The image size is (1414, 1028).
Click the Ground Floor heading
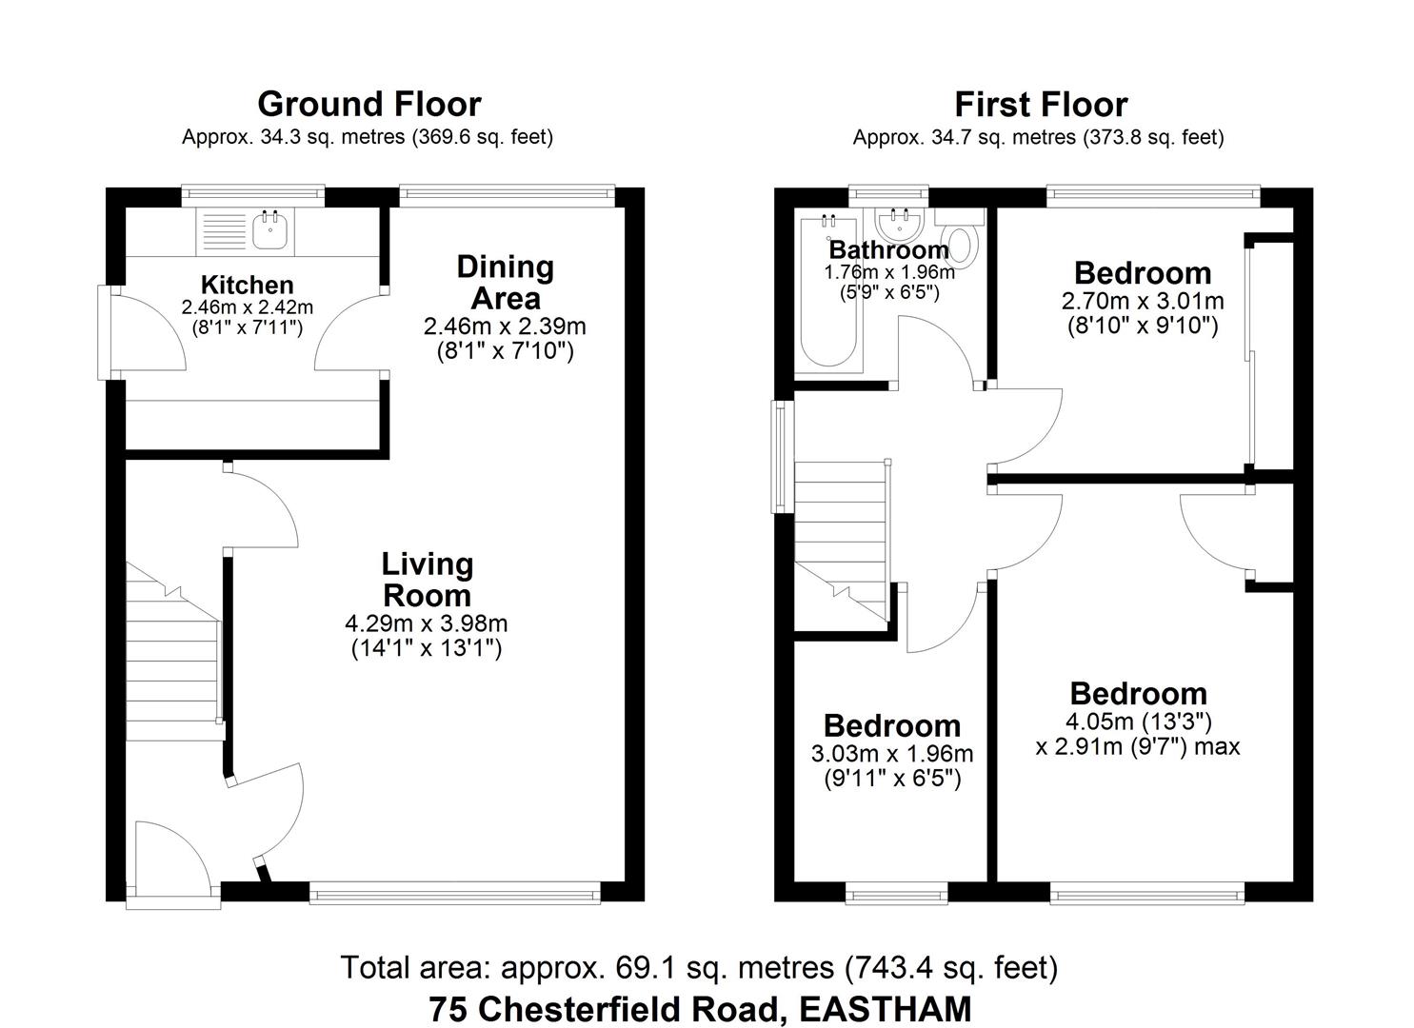pos(368,104)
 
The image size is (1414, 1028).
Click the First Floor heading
pos(1040,104)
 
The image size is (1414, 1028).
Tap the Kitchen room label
pos(247,285)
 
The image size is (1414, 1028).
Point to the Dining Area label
pos(505,282)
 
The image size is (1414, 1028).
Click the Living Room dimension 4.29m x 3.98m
pos(426,624)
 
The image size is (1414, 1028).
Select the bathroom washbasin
pos(900,225)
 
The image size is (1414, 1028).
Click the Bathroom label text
pos(888,250)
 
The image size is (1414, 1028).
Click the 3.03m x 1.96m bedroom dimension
pos(891,755)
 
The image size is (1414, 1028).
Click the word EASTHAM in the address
pos(886,1008)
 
